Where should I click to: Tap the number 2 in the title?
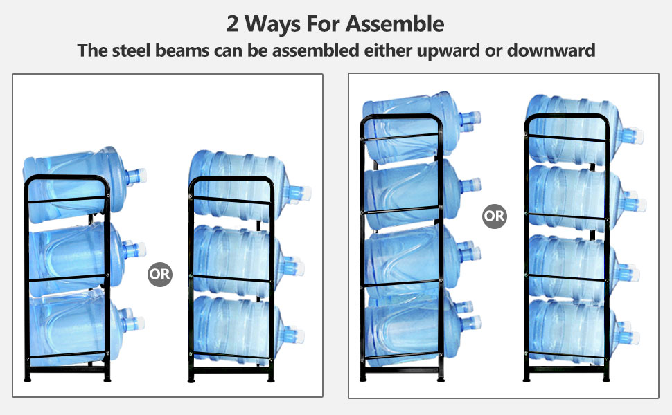tap(233, 24)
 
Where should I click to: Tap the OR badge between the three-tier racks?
tap(159, 274)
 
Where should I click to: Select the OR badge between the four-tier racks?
tap(494, 216)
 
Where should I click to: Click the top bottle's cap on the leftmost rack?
tap(138, 176)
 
